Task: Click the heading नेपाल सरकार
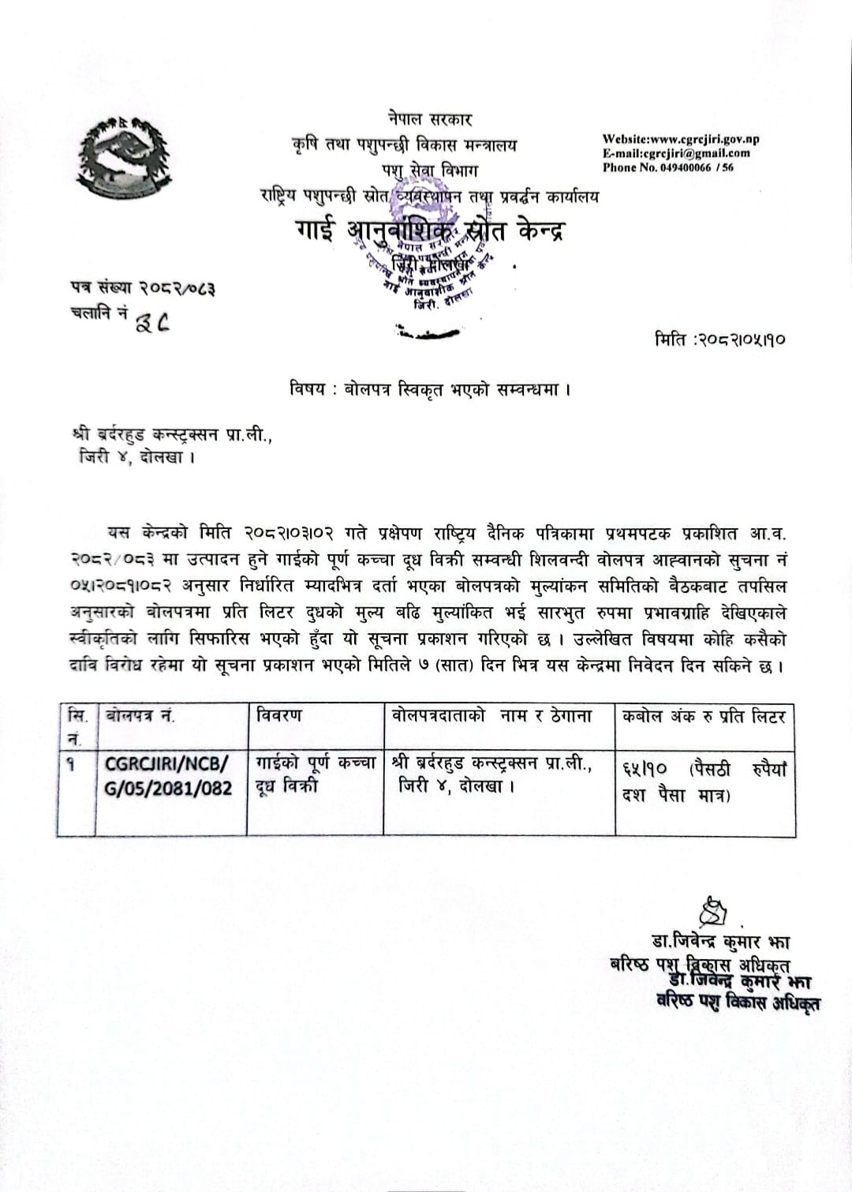coord(430,120)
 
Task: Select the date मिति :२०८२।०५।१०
coord(719,340)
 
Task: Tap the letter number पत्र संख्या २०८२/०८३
coord(142,289)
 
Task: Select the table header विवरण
coord(279,716)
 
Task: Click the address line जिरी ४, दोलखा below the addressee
coord(136,458)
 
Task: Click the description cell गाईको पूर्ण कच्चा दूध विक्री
coord(315,774)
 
